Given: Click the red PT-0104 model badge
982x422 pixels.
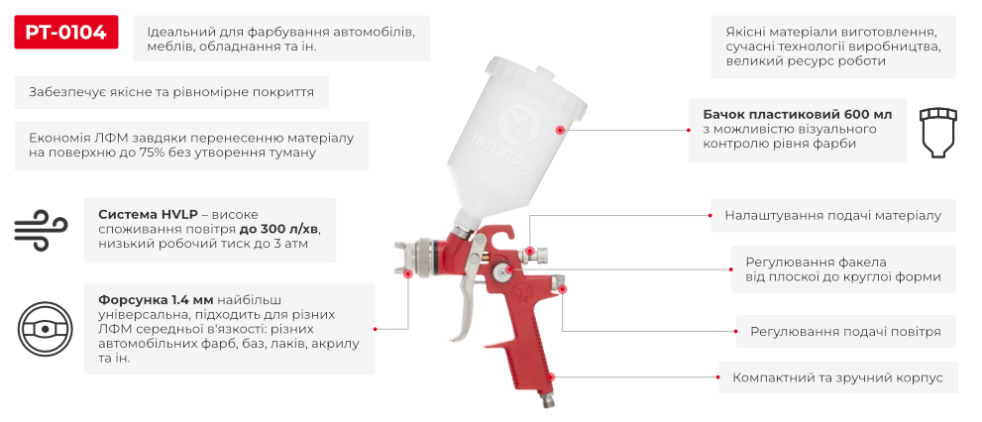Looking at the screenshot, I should pos(66,33).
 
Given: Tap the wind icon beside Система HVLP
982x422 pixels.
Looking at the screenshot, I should pos(39,230).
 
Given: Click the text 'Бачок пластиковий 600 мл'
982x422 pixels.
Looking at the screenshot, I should pos(790,115).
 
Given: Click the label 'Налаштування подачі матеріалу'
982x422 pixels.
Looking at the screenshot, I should pos(832,214).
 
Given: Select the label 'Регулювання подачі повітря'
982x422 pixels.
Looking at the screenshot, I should pos(844,331).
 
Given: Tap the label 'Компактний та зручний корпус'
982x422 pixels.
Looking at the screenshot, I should pos(836,377).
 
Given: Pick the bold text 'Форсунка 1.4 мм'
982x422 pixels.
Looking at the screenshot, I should pos(155,299).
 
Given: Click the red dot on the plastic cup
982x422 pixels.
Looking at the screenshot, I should pos(560,130).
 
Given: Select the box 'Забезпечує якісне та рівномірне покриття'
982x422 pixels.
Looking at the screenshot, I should pos(171,92).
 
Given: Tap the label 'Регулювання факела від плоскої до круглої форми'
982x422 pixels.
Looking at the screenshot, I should pos(842,269).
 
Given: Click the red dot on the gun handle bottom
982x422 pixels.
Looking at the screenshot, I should pos(552,377).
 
